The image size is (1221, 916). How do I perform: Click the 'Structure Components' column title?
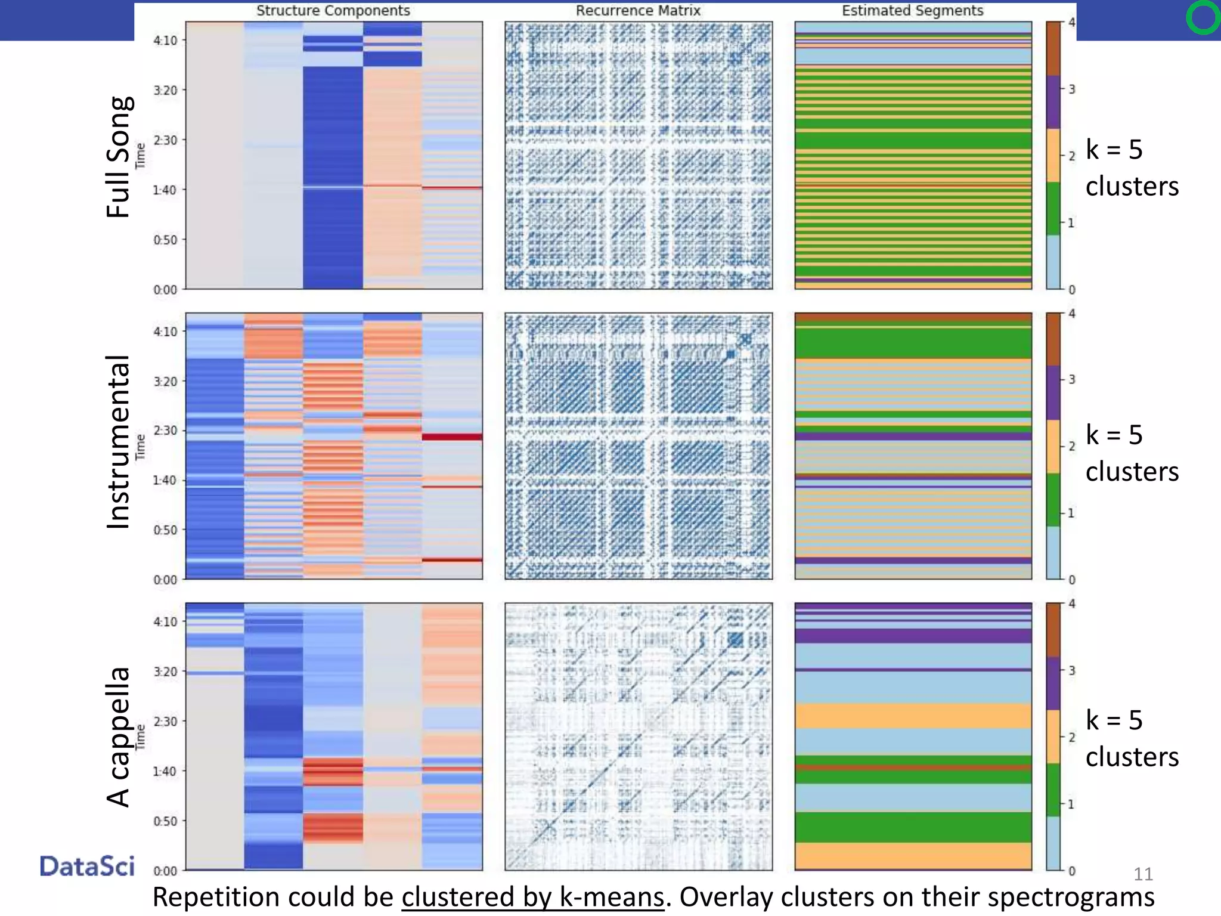333,11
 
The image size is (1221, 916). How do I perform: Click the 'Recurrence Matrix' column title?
638,11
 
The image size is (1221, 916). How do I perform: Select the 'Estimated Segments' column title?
912,11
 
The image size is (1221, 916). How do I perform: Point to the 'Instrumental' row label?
118,442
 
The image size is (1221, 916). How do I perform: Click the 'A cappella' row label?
118,736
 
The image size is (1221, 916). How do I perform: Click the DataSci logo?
87,866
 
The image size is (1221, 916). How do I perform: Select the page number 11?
1142,874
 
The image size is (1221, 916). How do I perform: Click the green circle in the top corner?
1203,17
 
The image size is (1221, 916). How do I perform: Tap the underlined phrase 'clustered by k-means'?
532,897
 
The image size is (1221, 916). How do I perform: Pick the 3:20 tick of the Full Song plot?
166,90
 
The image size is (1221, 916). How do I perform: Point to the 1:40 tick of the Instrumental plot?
166,480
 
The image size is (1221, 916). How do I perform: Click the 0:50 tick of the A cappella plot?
166,821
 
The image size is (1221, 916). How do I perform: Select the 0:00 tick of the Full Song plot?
166,290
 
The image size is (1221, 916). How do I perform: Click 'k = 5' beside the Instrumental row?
1114,434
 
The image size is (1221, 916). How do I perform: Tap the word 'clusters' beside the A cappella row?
1132,757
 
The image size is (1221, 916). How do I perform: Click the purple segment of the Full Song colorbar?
1053,102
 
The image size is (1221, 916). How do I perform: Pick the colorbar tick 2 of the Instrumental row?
1071,446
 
